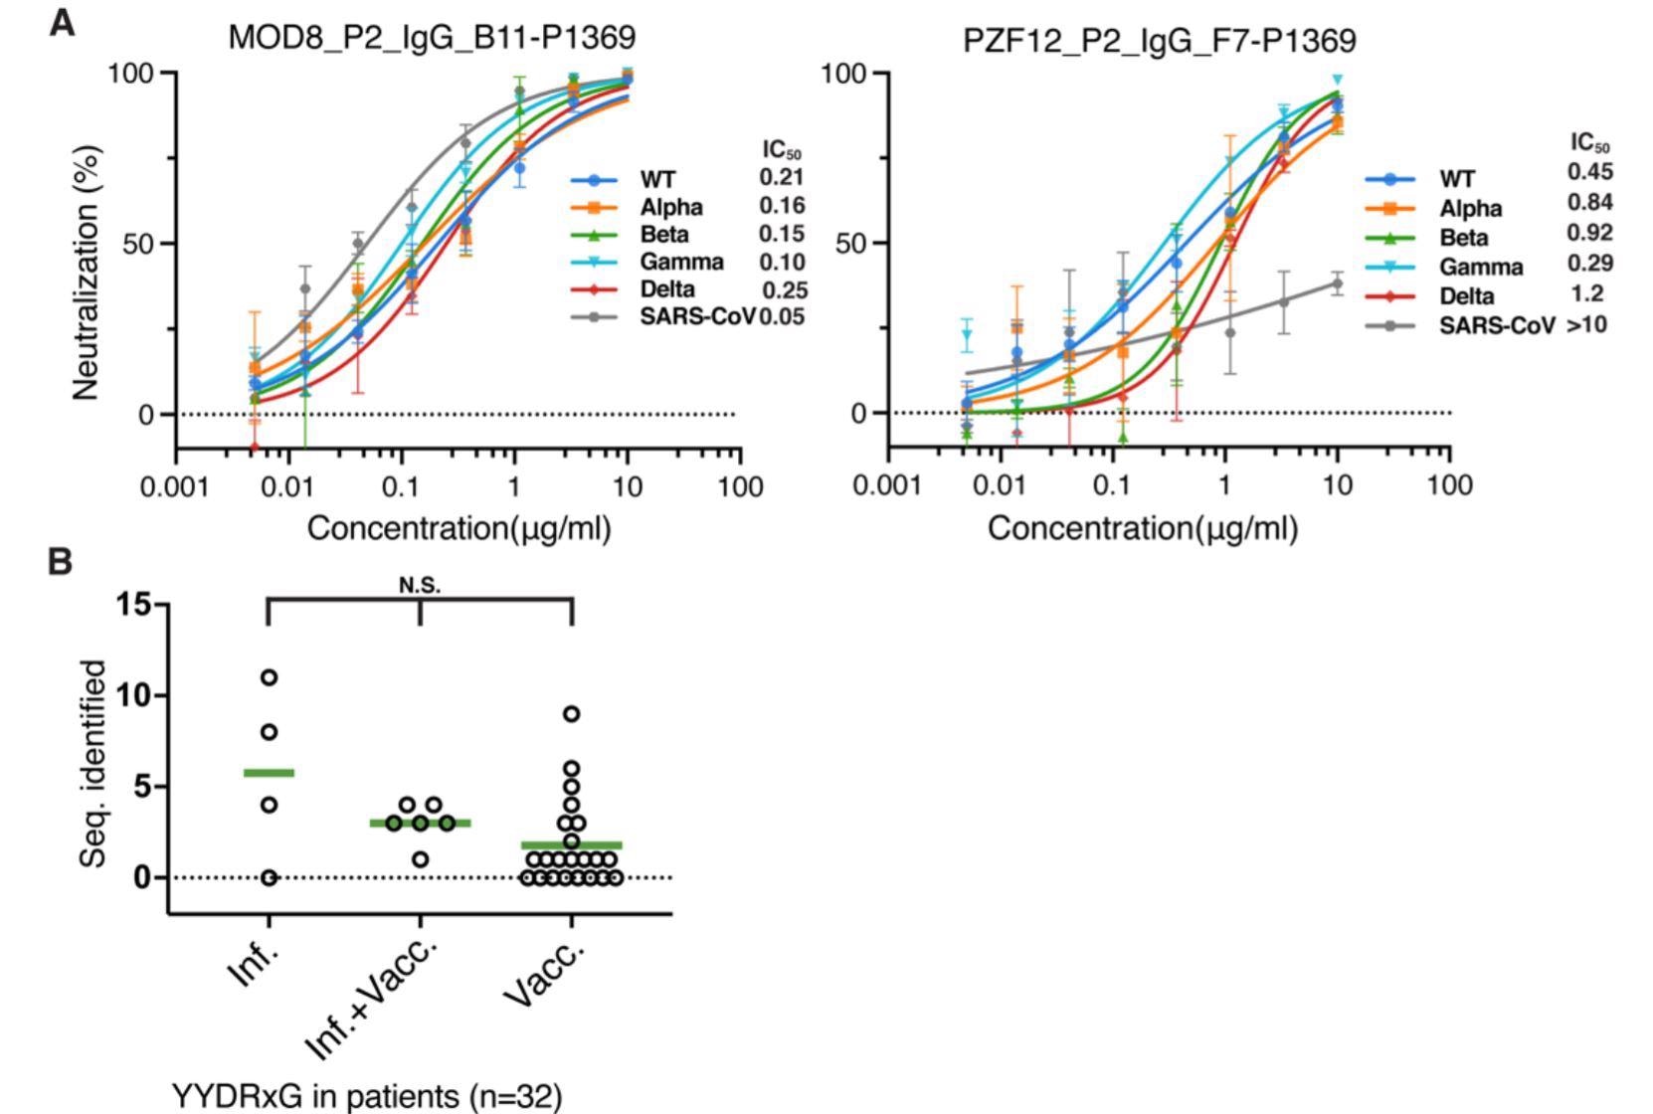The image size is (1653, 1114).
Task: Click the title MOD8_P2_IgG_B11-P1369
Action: pyautogui.click(x=432, y=38)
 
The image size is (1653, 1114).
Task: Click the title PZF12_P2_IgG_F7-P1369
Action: pyautogui.click(x=1160, y=41)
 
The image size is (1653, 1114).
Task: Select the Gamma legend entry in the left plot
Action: pyautogui.click(x=681, y=262)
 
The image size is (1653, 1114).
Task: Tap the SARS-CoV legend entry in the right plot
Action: pyautogui.click(x=1496, y=325)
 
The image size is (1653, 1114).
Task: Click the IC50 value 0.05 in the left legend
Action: pyautogui.click(x=782, y=316)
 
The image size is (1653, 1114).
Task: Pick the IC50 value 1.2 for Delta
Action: pyautogui.click(x=1587, y=293)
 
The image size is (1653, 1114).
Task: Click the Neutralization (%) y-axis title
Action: pyautogui.click(x=87, y=273)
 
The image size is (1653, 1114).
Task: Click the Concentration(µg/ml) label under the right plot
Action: pyautogui.click(x=1142, y=527)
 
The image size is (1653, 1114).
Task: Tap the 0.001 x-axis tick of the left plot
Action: pyautogui.click(x=177, y=486)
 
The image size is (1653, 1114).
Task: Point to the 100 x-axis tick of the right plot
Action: pyautogui.click(x=1449, y=485)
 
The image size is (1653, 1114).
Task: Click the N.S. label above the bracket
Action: pyautogui.click(x=420, y=585)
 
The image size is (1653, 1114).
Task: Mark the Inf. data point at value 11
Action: pyautogui.click(x=269, y=677)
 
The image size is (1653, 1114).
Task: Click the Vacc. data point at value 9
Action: pyautogui.click(x=572, y=713)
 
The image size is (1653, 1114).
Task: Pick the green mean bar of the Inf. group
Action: pyautogui.click(x=269, y=772)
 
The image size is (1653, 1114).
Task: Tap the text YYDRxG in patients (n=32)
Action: pyautogui.click(x=367, y=1096)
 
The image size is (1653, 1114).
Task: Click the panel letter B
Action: pyautogui.click(x=60, y=562)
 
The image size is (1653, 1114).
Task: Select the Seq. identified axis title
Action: pyautogui.click(x=92, y=763)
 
